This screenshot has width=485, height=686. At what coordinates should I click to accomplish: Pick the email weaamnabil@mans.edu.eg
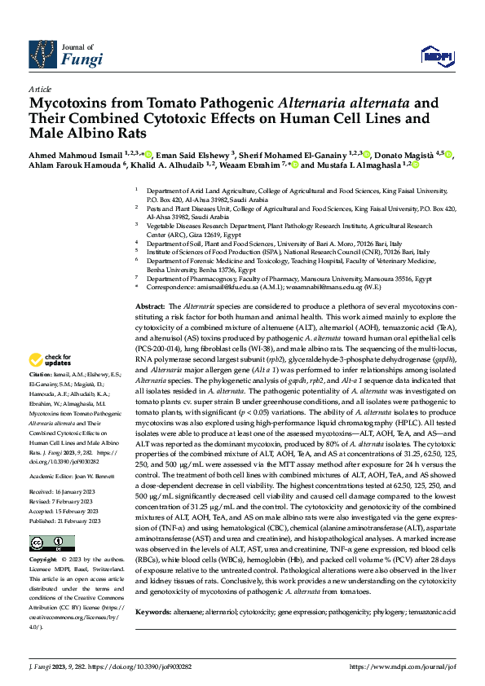tap(307, 286)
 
